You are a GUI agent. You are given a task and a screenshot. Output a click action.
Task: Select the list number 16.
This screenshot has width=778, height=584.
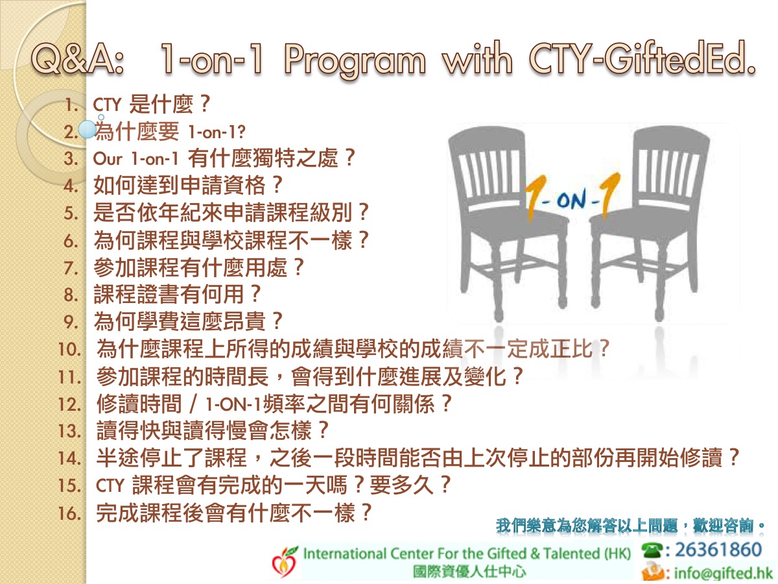[x=71, y=513]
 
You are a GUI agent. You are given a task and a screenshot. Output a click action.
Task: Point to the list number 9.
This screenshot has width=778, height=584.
[x=71, y=322]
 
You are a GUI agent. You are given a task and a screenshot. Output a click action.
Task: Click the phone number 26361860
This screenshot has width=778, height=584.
[x=718, y=550]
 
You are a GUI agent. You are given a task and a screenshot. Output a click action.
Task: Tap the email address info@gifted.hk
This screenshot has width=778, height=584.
[x=723, y=573]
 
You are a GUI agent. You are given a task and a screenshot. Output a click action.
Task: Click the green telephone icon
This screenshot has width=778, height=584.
[x=652, y=551]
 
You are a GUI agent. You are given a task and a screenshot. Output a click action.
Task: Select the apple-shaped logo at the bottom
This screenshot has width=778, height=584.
[x=284, y=561]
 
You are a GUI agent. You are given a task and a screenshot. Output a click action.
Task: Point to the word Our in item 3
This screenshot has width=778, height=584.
[x=108, y=159]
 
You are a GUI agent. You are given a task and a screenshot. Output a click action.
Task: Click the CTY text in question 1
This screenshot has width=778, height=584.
[x=107, y=105]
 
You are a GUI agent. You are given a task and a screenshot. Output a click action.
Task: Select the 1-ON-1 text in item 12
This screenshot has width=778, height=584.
[x=233, y=404]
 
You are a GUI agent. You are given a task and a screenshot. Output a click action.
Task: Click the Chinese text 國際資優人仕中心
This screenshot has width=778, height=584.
[x=469, y=571]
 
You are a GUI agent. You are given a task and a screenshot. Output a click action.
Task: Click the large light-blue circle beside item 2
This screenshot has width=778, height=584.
[x=87, y=129]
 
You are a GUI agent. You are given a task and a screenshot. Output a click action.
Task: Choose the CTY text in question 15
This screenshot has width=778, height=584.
[x=110, y=485]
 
